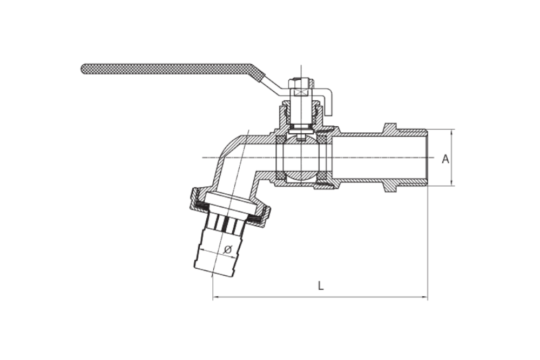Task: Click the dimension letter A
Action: [446, 159]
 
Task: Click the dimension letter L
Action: [321, 286]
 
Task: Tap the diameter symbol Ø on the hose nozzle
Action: [227, 249]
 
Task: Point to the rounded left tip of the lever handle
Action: [83, 69]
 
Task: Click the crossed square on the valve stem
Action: [301, 93]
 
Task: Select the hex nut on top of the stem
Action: [301, 84]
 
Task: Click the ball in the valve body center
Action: [301, 158]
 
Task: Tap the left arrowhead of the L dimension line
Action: [215, 297]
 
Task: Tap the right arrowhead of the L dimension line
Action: [425, 297]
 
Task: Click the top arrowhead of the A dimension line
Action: [451, 132]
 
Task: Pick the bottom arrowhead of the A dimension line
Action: [451, 183]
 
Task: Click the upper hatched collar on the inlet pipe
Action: [391, 128]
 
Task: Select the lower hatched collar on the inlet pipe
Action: [391, 188]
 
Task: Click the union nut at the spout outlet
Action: [230, 207]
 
